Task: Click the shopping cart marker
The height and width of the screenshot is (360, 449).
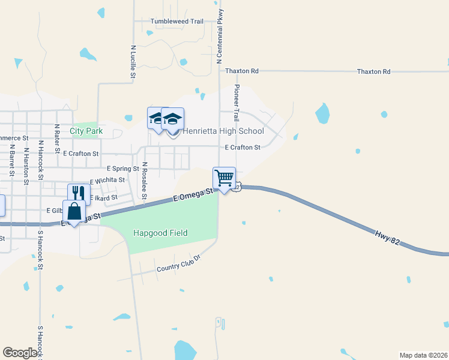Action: click(224, 178)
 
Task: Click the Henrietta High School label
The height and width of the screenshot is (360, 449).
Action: click(223, 131)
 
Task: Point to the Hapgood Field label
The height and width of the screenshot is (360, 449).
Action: click(161, 233)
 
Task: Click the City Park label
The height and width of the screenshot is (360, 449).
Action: click(86, 131)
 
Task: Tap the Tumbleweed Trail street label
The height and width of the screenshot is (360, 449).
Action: click(177, 21)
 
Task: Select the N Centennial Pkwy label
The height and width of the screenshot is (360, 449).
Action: click(220, 36)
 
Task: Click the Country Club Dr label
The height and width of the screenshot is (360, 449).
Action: click(177, 262)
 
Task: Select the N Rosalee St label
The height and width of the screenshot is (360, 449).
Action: click(145, 180)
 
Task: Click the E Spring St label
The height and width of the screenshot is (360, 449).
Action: click(122, 169)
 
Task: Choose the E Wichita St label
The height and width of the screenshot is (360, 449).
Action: click(107, 180)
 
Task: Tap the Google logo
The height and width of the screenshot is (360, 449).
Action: click(20, 353)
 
